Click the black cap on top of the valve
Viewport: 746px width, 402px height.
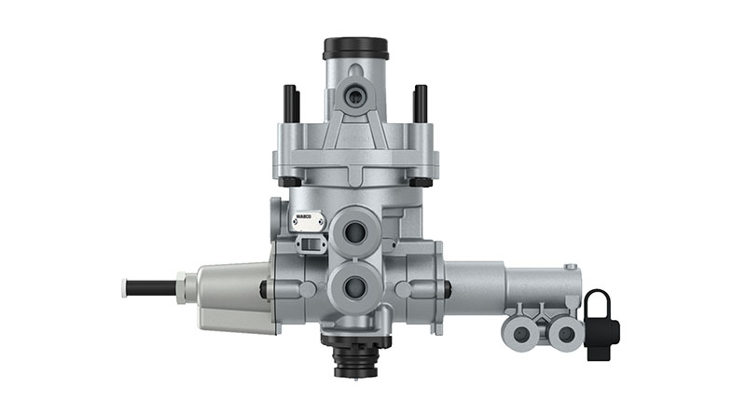pyautogui.click(x=355, y=48)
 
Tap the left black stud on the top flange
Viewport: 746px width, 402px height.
pyautogui.click(x=291, y=103)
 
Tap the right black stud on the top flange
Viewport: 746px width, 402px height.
pyautogui.click(x=421, y=103)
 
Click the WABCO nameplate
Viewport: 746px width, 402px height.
pyautogui.click(x=307, y=222)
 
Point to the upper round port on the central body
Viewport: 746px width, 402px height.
pyautogui.click(x=355, y=230)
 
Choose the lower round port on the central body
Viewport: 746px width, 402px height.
pyautogui.click(x=355, y=287)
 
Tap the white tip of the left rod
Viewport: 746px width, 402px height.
pyautogui.click(x=124, y=287)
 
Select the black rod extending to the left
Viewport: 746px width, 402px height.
pyautogui.click(x=151, y=287)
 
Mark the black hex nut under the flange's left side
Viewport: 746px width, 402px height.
pyautogui.click(x=290, y=181)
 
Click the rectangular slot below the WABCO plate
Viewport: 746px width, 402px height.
pyautogui.click(x=308, y=243)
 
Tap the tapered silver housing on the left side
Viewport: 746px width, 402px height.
pyautogui.click(x=228, y=294)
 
